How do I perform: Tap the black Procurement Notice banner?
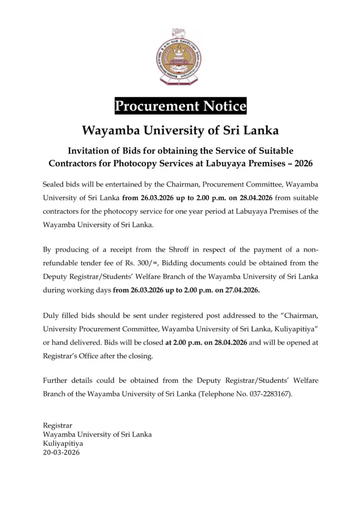180,106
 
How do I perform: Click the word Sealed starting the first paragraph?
54,185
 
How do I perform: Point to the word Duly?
51,316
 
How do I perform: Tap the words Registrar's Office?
70,356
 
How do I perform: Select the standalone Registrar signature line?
58,425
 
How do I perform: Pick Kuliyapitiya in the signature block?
63,443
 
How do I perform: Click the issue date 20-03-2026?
62,452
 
